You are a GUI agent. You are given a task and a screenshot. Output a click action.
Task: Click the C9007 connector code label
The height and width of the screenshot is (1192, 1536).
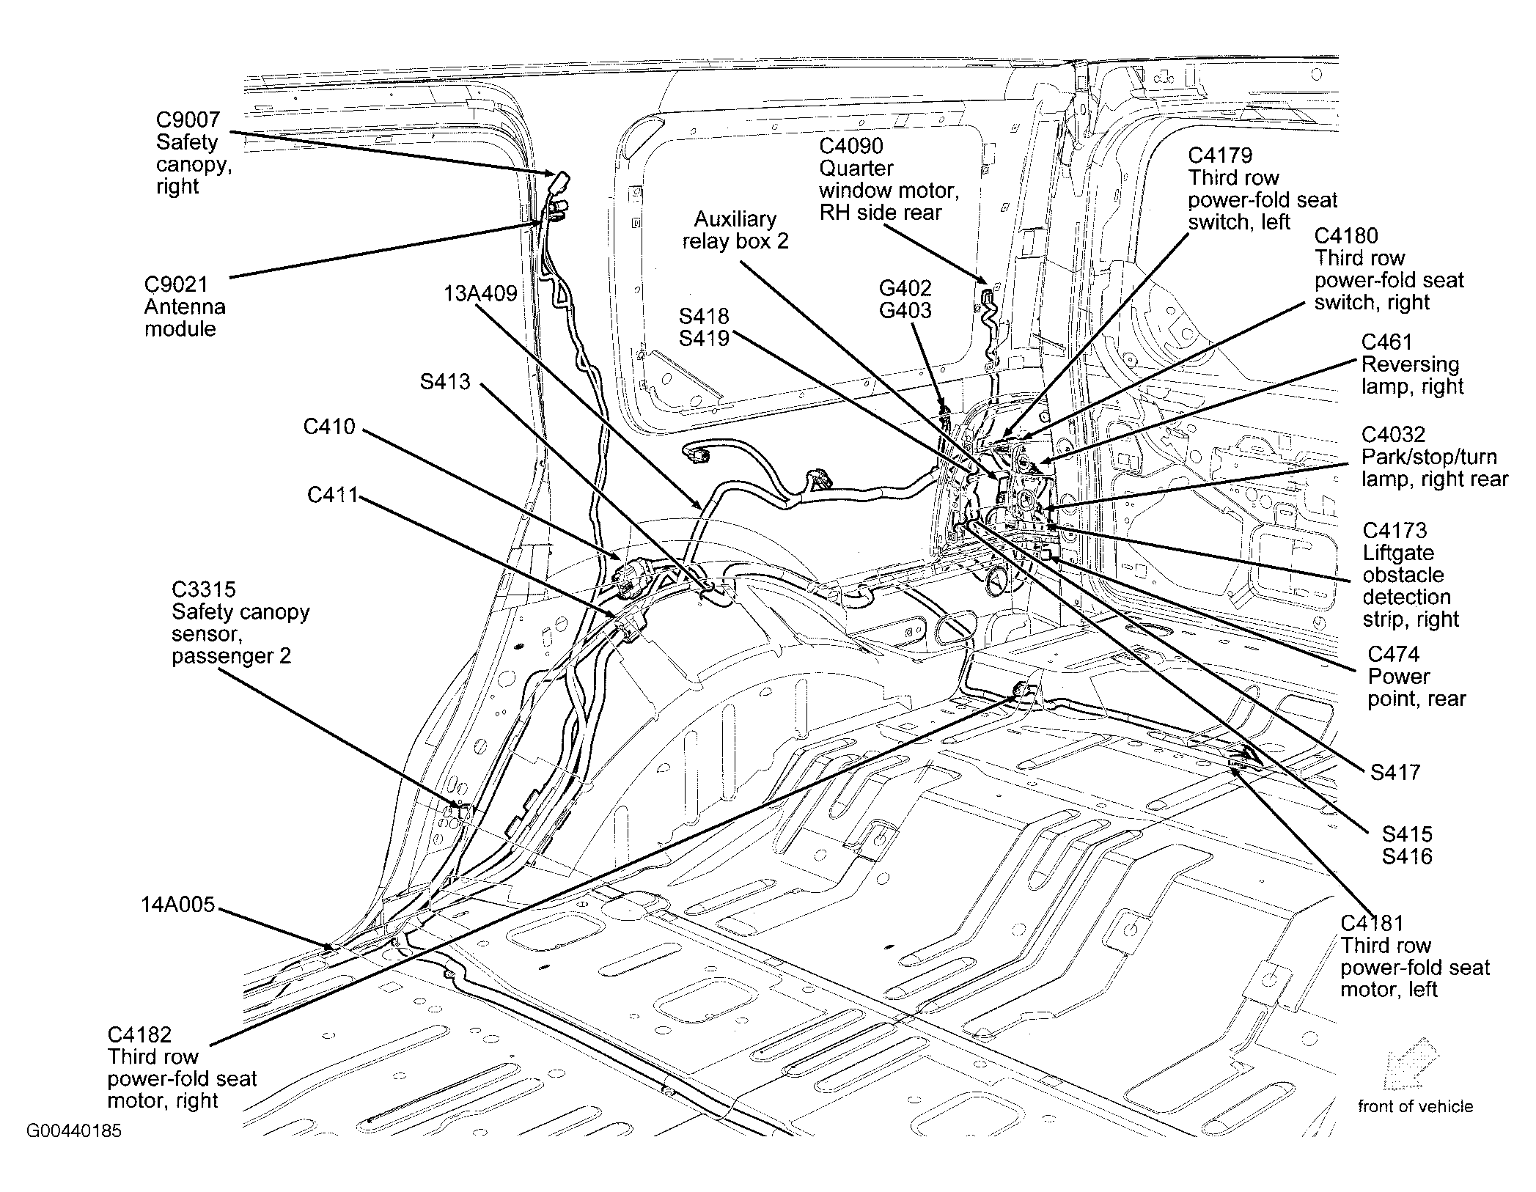coord(188,120)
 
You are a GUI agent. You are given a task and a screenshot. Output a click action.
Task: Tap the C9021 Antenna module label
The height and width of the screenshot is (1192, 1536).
coord(185,306)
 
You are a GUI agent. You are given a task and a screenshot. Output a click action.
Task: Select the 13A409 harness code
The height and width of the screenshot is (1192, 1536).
coord(480,294)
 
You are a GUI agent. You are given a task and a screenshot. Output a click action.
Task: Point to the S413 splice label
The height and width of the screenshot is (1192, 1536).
coord(445,382)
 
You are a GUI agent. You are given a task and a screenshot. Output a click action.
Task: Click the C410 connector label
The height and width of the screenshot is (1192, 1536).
coord(329,427)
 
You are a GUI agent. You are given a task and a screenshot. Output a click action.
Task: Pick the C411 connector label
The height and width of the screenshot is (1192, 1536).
coord(332,496)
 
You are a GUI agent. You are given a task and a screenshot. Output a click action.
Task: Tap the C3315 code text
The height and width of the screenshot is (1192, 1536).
coord(204,589)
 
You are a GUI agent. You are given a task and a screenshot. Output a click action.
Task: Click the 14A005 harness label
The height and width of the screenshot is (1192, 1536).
coord(178,905)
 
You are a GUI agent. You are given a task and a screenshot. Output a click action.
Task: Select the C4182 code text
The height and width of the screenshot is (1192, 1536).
coord(139,1034)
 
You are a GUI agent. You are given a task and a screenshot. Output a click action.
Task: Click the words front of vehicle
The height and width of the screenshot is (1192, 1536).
coord(1415,1106)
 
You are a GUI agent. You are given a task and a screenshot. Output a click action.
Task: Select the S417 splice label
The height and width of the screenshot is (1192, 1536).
coord(1395,772)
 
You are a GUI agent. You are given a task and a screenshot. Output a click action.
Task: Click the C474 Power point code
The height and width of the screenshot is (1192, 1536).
coord(1394,654)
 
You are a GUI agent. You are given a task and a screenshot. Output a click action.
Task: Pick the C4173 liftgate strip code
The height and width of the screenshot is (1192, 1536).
coord(1394,531)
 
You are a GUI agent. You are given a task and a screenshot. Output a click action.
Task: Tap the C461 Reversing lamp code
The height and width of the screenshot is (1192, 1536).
coord(1386,342)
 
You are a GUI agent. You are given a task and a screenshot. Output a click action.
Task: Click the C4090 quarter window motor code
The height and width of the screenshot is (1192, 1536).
coord(851,146)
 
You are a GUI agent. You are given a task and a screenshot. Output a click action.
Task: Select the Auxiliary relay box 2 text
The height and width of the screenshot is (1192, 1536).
coord(735,230)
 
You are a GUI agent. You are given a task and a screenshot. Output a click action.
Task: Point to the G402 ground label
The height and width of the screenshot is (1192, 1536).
coord(905,287)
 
